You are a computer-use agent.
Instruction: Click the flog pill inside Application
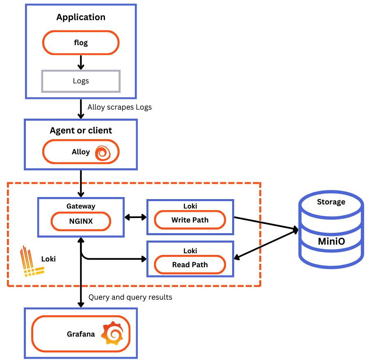click(81, 43)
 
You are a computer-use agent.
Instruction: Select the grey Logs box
click(81, 81)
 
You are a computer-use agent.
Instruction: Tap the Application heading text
click(81, 17)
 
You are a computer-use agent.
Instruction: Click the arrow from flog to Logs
click(81, 62)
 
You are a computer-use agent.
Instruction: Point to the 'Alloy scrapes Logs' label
click(119, 107)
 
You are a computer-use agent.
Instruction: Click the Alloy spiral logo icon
click(103, 152)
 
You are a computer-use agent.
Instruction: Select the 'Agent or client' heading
click(81, 131)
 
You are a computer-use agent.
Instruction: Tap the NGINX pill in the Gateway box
click(81, 222)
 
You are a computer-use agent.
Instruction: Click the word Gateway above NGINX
click(81, 206)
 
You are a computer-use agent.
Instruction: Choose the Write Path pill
click(190, 220)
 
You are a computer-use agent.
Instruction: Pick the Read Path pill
click(190, 265)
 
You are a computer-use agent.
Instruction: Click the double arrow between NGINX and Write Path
click(135, 217)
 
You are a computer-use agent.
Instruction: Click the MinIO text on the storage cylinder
click(331, 241)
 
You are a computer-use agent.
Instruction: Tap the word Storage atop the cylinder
click(331, 202)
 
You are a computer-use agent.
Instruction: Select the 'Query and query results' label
click(130, 297)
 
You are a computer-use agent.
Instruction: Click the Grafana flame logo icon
click(112, 333)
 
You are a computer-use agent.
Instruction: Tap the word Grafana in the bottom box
click(81, 334)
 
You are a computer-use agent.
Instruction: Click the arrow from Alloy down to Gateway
click(81, 183)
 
